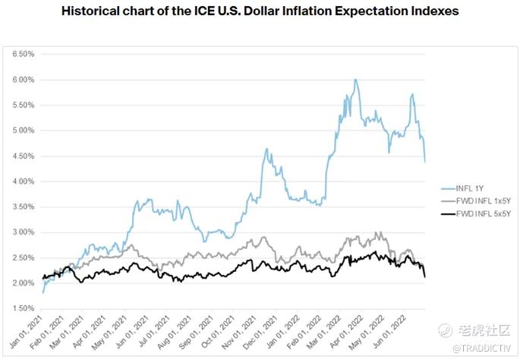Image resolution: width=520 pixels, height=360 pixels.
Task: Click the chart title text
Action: tap(260, 14)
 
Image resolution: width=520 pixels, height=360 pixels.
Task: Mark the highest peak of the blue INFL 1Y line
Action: tap(355, 79)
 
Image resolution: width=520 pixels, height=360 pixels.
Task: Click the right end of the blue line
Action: tap(424, 162)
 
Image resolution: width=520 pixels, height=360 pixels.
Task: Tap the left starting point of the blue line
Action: tap(43, 292)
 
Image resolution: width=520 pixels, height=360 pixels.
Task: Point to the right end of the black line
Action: tap(424, 277)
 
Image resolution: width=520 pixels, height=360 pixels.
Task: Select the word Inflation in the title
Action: tap(283, 14)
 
